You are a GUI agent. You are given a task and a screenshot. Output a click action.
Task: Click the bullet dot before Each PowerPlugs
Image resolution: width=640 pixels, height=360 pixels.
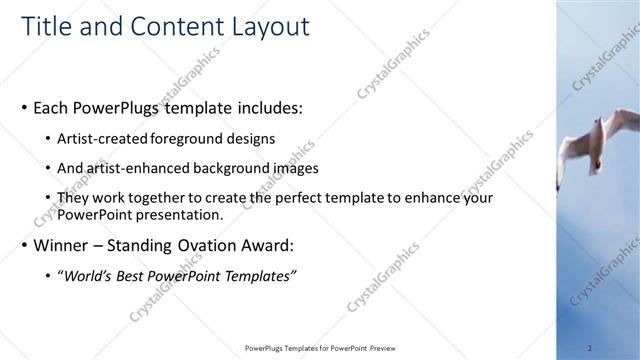(x=25, y=106)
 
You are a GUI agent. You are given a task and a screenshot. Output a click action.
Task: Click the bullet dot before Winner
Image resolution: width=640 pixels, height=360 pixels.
(x=25, y=245)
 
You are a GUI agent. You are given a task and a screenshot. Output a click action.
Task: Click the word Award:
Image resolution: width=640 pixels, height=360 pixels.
(x=270, y=245)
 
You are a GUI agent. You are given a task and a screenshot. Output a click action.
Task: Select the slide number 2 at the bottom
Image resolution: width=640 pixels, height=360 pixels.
(x=590, y=348)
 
